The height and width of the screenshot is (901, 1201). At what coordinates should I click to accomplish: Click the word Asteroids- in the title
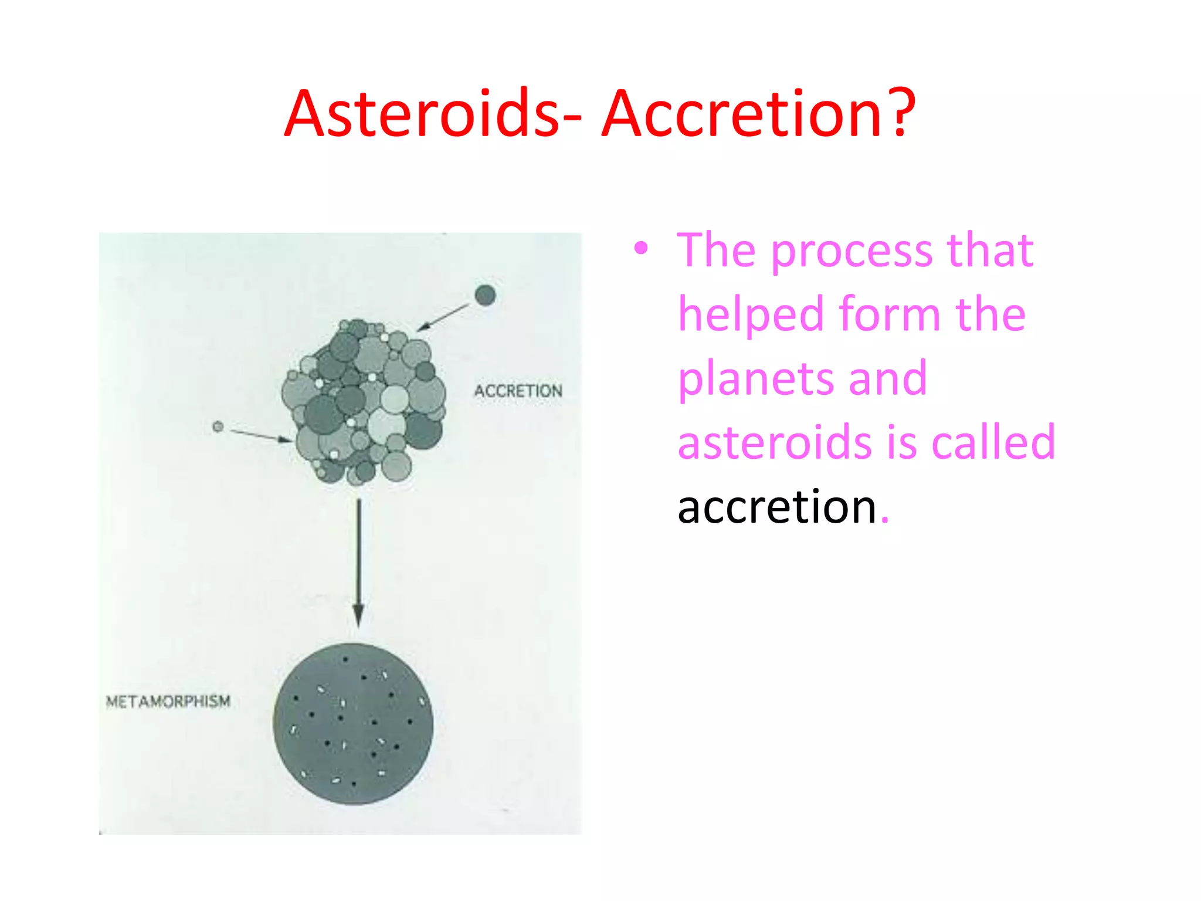pos(433,114)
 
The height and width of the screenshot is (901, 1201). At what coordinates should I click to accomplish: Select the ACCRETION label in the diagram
pos(518,391)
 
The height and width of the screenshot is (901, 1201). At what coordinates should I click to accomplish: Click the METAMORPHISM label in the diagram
pos(168,702)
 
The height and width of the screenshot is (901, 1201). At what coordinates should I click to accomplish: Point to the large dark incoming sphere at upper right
pos(485,295)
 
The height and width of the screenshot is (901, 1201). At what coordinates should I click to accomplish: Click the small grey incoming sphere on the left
pos(218,426)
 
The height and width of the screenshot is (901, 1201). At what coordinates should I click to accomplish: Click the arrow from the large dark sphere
pos(444,317)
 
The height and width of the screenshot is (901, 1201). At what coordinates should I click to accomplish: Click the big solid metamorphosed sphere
pos(353,724)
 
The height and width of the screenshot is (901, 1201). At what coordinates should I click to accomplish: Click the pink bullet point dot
pos(641,248)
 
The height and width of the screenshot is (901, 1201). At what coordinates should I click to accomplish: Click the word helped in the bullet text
pos(751,314)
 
